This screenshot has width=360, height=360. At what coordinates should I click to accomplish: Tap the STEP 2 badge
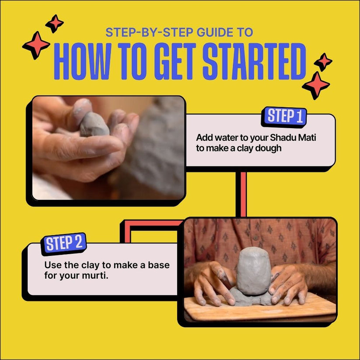tap(64, 244)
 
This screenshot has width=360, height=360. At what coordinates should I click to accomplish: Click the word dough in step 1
tap(269, 148)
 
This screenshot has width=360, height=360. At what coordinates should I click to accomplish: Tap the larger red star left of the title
tap(36, 45)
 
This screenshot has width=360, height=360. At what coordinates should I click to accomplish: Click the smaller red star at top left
tap(55, 23)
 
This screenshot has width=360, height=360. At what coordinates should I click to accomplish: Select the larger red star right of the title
tap(316, 85)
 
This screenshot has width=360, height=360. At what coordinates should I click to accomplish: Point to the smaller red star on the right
tap(323, 62)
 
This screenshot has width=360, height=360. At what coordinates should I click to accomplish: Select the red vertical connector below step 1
tap(241, 194)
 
